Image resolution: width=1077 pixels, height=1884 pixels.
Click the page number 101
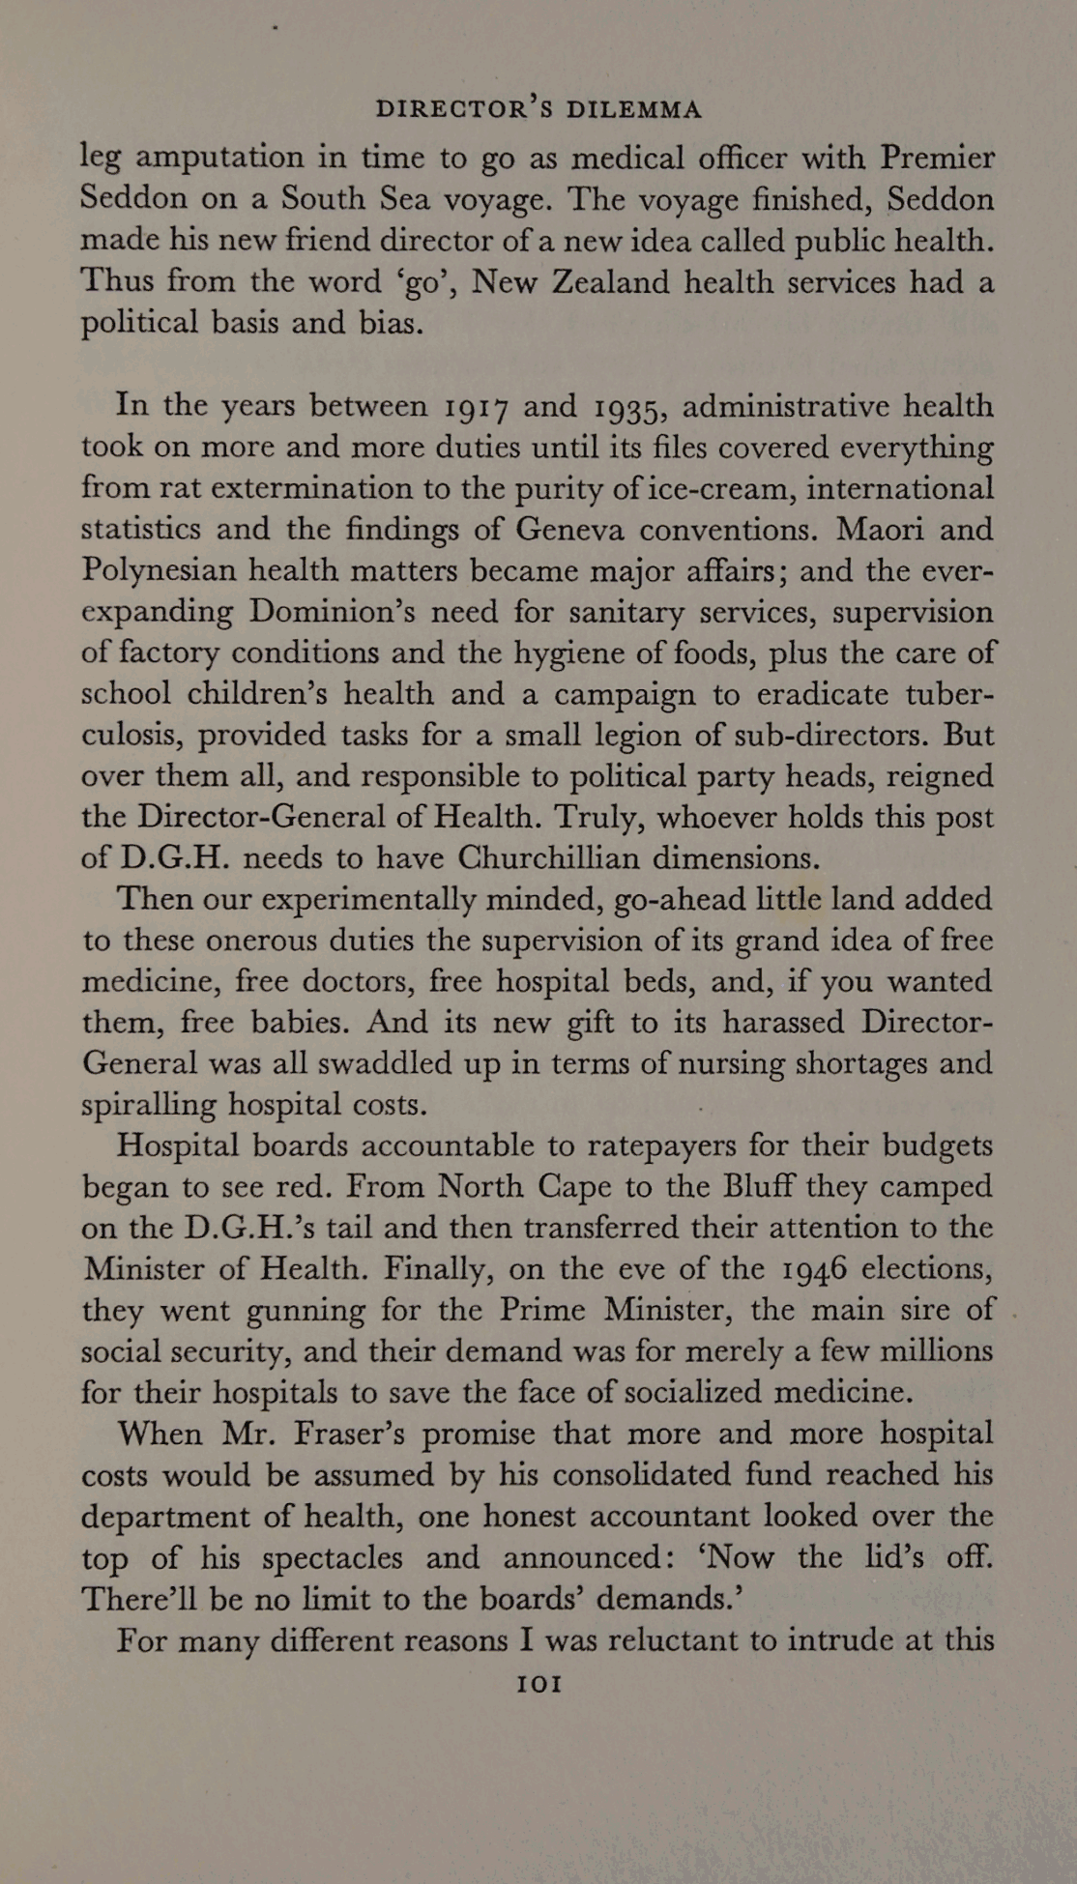click(x=539, y=1683)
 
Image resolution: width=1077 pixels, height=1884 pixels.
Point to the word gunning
click(x=306, y=1312)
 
